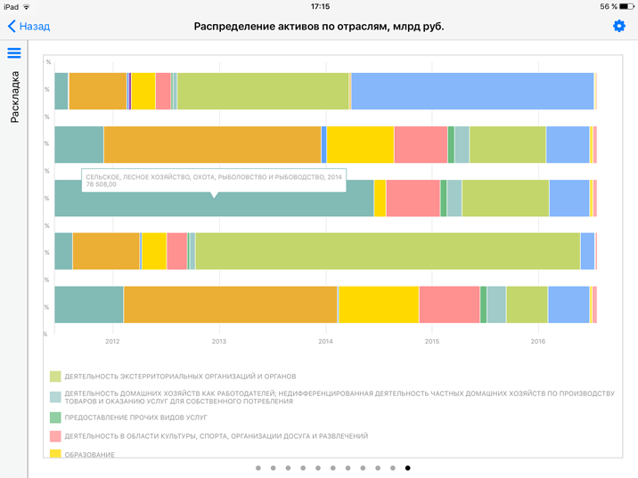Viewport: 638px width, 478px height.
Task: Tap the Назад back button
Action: (x=29, y=27)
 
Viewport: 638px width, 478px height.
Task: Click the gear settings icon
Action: (x=619, y=27)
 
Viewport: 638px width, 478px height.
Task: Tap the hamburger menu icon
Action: (x=14, y=53)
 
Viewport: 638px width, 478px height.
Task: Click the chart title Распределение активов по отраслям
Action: (x=319, y=27)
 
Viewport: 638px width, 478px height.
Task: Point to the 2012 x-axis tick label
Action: (x=112, y=341)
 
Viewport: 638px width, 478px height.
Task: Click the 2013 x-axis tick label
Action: (x=218, y=341)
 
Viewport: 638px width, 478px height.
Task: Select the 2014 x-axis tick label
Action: (x=325, y=341)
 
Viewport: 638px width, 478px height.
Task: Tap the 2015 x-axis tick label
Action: (x=431, y=341)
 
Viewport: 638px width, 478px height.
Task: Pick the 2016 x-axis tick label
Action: (x=537, y=341)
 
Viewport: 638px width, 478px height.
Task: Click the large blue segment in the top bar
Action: (x=472, y=91)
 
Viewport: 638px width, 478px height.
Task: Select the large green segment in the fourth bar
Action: (x=388, y=251)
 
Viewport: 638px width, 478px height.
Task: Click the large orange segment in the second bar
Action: (x=212, y=144)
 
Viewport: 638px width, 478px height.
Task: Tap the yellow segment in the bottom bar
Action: (x=378, y=304)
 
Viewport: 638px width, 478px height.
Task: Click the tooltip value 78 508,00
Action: (x=101, y=185)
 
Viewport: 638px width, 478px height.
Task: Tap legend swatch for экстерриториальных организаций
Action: (x=55, y=377)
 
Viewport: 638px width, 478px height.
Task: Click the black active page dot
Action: (x=408, y=467)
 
